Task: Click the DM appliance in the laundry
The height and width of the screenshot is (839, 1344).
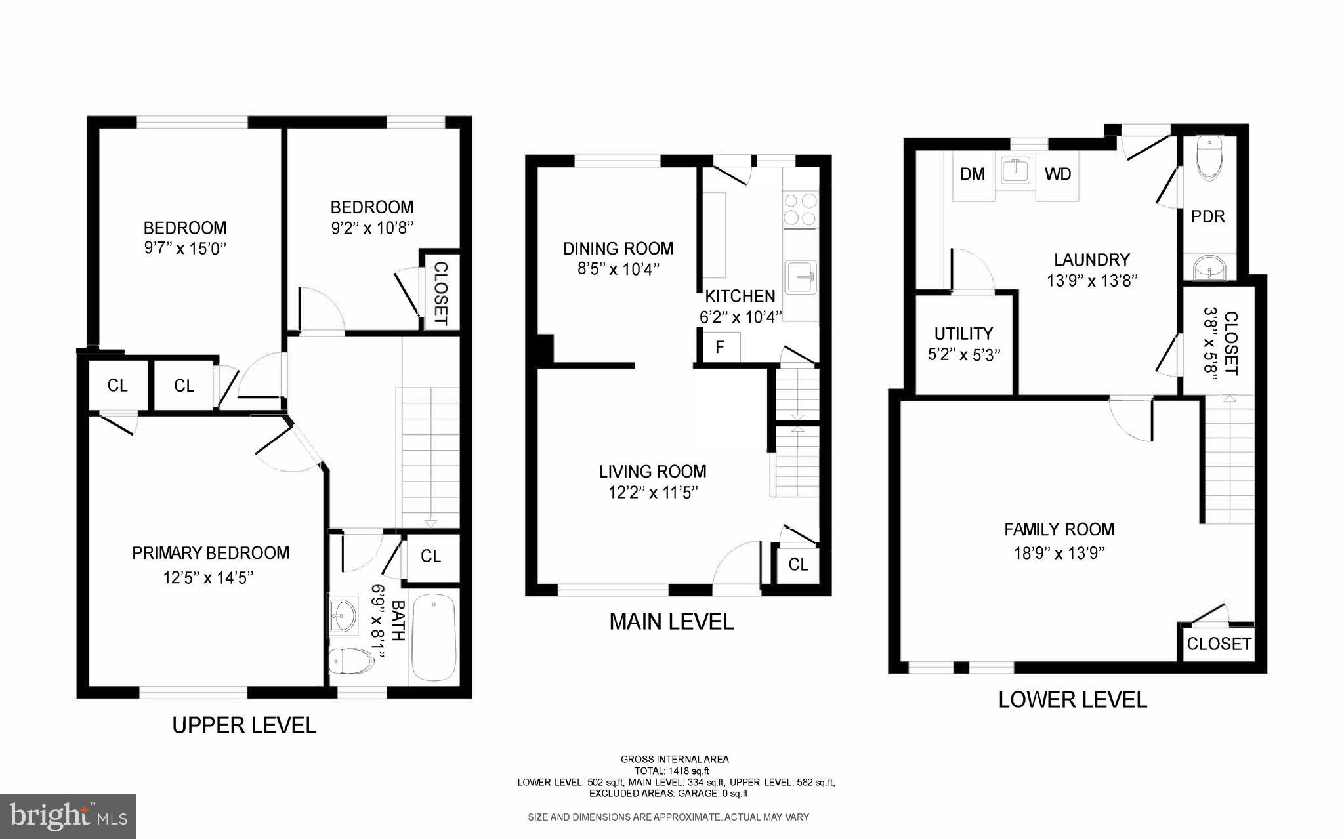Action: coord(973,174)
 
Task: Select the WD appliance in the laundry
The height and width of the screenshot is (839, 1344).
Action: coord(1058,174)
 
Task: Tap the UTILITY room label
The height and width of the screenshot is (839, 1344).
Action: coord(963,333)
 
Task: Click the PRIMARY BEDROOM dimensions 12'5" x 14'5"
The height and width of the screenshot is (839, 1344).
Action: coord(208,578)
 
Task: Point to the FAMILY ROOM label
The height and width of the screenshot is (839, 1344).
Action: coord(1059,529)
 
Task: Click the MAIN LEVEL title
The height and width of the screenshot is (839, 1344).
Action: coord(671,621)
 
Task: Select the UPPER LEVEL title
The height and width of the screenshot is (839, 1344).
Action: coord(244,725)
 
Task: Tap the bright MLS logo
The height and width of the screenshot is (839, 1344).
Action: coord(68,817)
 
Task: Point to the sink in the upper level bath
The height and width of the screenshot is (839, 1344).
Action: coord(343,614)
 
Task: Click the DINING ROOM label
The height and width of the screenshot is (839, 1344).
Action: coord(618,249)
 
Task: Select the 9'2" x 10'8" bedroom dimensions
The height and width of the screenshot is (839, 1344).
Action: coord(372,228)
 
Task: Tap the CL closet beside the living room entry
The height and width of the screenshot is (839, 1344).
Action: coord(798,564)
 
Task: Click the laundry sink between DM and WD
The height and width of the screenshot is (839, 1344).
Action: coord(1015,171)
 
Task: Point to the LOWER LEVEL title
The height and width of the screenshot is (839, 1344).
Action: coord(1072,700)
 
